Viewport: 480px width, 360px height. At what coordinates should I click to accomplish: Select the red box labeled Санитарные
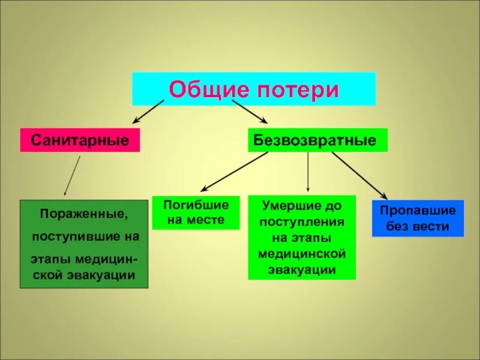click(x=80, y=140)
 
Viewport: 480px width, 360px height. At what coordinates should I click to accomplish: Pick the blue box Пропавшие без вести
click(x=418, y=218)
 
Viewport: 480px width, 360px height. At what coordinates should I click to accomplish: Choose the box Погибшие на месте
click(x=196, y=212)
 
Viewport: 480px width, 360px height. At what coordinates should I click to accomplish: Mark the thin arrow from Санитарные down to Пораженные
click(x=73, y=176)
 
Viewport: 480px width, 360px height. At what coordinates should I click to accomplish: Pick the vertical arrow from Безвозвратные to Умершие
click(x=308, y=172)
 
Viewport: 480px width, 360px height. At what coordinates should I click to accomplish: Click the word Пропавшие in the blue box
click(x=418, y=211)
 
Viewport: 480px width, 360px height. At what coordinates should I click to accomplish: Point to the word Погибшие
click(x=196, y=205)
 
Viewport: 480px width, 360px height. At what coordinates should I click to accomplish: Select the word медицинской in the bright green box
click(x=302, y=254)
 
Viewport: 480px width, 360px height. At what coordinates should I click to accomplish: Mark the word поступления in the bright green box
click(x=302, y=221)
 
